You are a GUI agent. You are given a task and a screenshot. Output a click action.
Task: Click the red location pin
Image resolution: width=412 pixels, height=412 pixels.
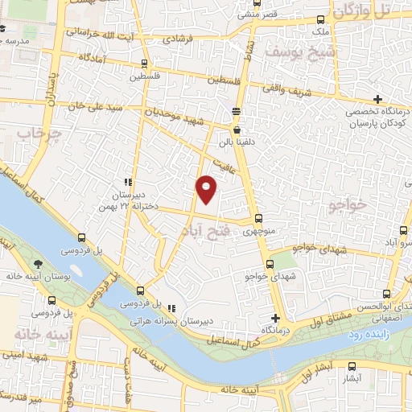coord(208,188)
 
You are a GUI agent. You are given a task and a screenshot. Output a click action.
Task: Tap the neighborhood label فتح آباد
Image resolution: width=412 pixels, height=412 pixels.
coord(196,231)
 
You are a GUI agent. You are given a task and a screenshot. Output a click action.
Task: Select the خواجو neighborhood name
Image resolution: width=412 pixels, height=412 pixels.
coord(348,206)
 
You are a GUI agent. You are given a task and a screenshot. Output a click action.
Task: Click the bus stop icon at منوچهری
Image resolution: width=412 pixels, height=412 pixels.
coord(258,218)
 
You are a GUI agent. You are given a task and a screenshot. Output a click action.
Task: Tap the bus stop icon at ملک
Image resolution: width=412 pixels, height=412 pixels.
coord(321,19)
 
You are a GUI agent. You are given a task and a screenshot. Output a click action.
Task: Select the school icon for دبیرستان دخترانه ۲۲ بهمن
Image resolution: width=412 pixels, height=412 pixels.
coord(128,183)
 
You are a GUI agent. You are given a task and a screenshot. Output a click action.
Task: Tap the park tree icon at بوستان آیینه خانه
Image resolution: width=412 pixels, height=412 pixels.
coord(39,264)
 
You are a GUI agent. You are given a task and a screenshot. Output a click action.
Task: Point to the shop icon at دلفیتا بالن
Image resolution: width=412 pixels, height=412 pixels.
coord(237,129)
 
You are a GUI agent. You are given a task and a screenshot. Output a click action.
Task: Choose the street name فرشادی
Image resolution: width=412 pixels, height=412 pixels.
coord(179,38)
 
